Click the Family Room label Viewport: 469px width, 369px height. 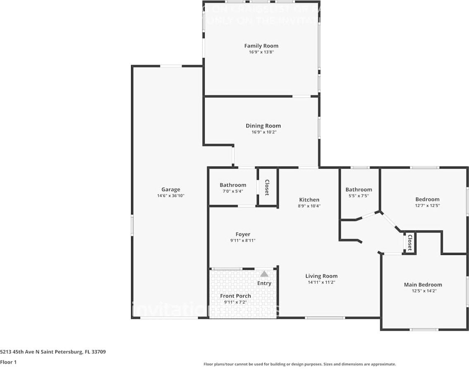261,46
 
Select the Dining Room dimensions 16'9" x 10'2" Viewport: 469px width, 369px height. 263,132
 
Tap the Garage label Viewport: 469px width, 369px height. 170,190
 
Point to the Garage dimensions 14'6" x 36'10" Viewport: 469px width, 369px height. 170,196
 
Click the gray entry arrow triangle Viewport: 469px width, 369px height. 264,274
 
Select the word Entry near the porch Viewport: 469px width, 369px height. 264,283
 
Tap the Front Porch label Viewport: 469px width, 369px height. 235,296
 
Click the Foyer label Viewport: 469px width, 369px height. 243,234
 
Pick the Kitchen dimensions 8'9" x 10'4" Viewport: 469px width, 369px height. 309,206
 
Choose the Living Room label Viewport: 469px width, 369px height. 321,276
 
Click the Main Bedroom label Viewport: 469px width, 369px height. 423,285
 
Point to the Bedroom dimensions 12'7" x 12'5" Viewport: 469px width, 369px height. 427,205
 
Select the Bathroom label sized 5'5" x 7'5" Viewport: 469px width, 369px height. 359,190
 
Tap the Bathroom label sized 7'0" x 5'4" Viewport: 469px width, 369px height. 233,185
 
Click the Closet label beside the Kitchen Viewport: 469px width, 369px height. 267,187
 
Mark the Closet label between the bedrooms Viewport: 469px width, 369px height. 409,243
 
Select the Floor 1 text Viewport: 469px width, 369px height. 8,362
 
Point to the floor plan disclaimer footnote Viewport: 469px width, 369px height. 299,364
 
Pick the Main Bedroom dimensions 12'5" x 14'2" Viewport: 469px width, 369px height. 423,291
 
